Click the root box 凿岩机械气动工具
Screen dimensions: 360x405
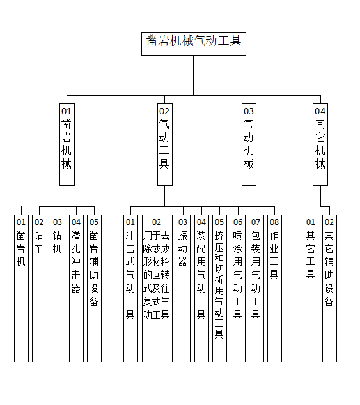click(x=194, y=43)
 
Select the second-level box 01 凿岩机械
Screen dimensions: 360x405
click(x=67, y=144)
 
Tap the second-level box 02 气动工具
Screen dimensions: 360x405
click(x=165, y=144)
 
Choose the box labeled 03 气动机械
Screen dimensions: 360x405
click(x=249, y=144)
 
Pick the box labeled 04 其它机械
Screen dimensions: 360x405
click(x=320, y=144)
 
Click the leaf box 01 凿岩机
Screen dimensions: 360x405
click(x=21, y=288)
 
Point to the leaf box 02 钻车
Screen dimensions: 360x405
click(x=40, y=288)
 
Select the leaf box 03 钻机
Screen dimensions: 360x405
click(x=58, y=288)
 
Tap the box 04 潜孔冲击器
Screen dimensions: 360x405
click(x=76, y=288)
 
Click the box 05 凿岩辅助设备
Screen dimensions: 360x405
click(x=94, y=288)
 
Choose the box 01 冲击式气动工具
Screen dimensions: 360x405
click(x=130, y=288)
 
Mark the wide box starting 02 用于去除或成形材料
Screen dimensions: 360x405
click(x=157, y=288)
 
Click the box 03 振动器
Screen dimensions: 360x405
click(x=183, y=288)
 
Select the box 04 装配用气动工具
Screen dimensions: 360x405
click(x=201, y=288)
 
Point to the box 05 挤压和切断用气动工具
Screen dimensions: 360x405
click(x=219, y=288)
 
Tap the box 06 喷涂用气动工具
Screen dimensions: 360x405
click(x=238, y=288)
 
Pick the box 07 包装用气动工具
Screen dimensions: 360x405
click(x=256, y=288)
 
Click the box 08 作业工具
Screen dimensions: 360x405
click(x=274, y=288)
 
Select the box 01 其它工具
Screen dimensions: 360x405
click(x=311, y=288)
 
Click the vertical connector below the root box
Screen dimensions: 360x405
click(x=194, y=75)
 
